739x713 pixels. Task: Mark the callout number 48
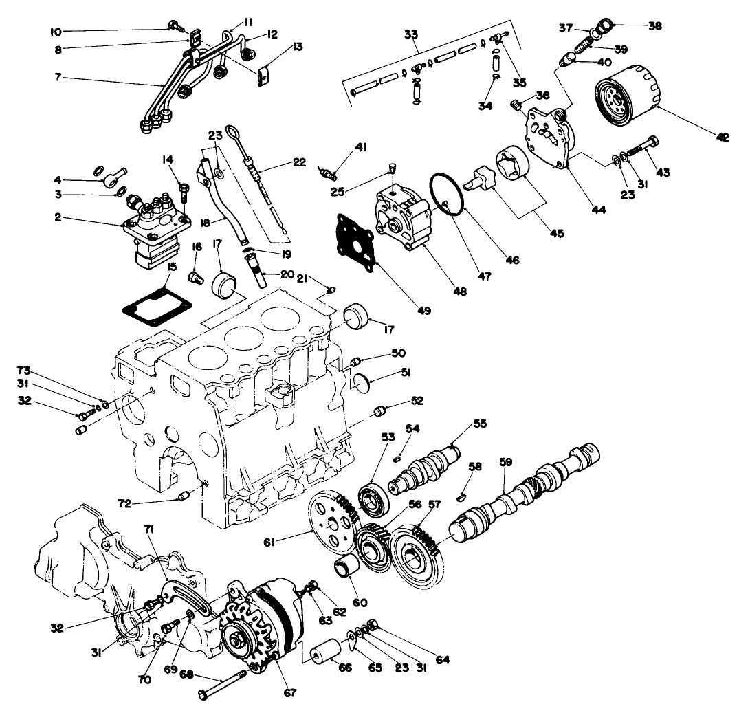click(x=459, y=291)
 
